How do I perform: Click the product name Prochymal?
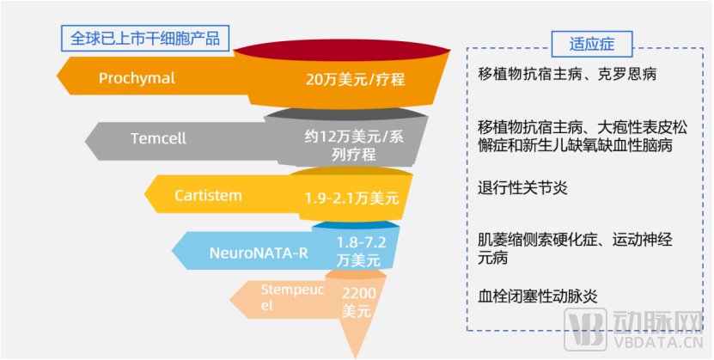(x=137, y=79)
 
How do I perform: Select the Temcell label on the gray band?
(x=158, y=137)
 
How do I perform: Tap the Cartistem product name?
(x=208, y=196)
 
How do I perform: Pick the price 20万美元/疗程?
(x=355, y=80)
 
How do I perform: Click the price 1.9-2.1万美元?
(x=351, y=198)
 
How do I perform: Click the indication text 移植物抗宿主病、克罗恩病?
(x=567, y=74)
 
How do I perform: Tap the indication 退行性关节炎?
(x=522, y=188)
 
